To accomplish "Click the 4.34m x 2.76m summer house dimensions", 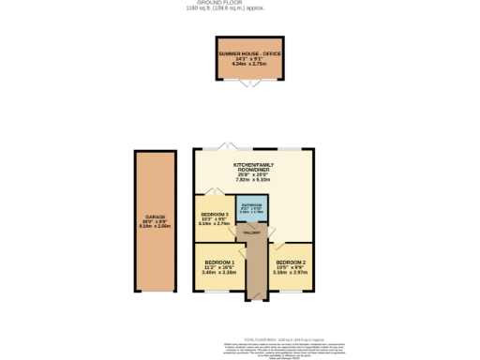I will click(x=249, y=65).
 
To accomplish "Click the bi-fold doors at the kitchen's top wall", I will click(x=226, y=145).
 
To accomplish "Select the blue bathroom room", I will click(x=251, y=209).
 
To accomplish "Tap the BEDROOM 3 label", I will click(x=215, y=214).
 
